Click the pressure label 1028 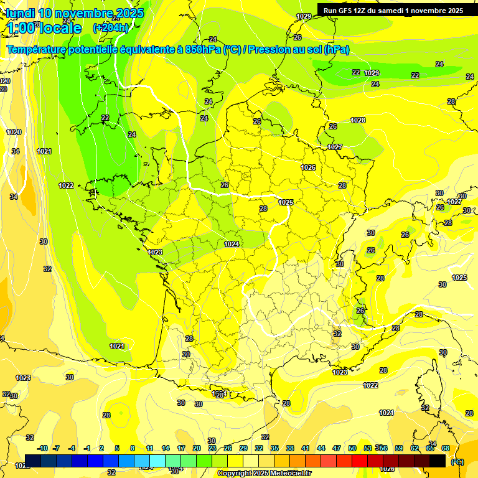(x=358, y=120)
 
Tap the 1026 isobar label (x=308, y=167)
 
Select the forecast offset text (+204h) (x=111, y=28)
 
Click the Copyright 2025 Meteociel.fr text (x=264, y=474)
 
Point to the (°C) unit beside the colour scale (x=457, y=462)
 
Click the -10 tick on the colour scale (x=42, y=448)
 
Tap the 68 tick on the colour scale (x=446, y=448)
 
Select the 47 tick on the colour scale (x=337, y=448)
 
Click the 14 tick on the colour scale (x=166, y=448)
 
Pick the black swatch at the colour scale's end (x=438, y=461)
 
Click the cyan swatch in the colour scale (x=157, y=461)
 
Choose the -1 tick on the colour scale (x=87, y=448)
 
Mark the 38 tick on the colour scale (x=290, y=448)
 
